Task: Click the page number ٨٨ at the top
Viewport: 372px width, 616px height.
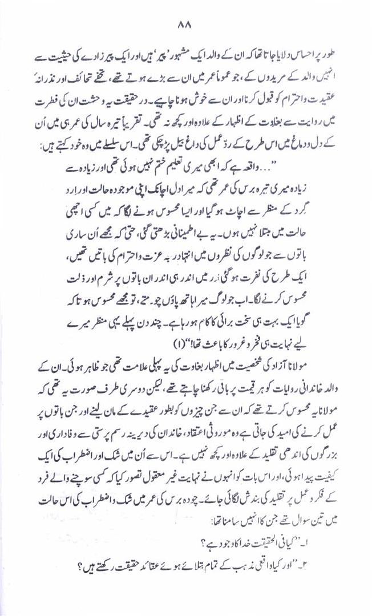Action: [x=185, y=25]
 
